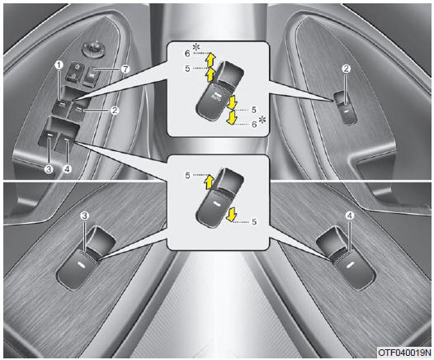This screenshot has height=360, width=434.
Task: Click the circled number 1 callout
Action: tap(59, 65)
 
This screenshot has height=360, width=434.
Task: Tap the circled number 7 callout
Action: tap(125, 69)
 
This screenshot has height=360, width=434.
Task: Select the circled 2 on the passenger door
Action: tap(347, 69)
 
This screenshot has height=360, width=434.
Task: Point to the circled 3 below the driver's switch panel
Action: tap(49, 168)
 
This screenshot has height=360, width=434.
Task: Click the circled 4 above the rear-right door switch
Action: tap(350, 216)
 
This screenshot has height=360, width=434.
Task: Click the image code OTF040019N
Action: tap(404, 353)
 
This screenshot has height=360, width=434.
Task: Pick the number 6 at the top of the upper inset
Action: tap(187, 54)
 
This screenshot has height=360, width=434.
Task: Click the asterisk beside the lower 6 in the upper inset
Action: tap(262, 121)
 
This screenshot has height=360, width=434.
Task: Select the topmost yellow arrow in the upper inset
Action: tap(211, 59)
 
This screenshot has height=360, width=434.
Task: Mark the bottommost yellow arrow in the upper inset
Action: tap(231, 117)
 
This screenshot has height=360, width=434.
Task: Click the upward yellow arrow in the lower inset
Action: tap(209, 182)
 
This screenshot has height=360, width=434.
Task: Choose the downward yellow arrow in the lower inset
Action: tap(231, 215)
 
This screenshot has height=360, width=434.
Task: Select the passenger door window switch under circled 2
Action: tap(346, 108)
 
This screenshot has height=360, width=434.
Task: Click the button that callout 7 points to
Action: tap(90, 75)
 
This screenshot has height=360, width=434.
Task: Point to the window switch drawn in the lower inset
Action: tap(219, 197)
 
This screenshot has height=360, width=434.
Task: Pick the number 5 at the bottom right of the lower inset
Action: tap(254, 221)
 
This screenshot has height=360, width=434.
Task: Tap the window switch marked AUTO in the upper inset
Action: tap(219, 91)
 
